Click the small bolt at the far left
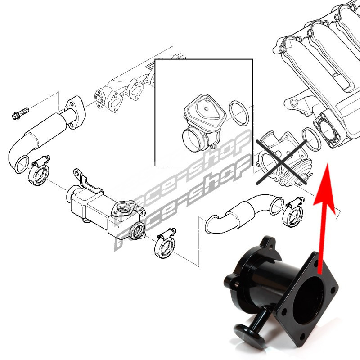20,113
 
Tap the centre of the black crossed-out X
282,162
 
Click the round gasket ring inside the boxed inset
239,113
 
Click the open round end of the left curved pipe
22,165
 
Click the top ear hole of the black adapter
271,246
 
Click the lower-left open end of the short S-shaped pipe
211,224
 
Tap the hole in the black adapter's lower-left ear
236,284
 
